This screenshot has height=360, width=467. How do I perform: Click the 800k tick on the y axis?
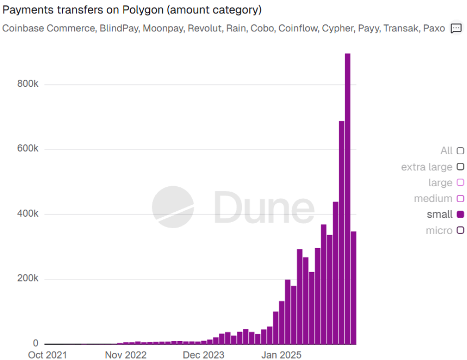pyautogui.click(x=28, y=84)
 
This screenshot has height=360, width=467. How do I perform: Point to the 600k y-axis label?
pyautogui.click(x=28, y=149)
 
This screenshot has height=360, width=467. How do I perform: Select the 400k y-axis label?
pyautogui.click(x=28, y=214)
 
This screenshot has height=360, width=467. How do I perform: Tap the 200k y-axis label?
pyautogui.click(x=28, y=279)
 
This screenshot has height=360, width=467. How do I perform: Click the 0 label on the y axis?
pyautogui.click(x=35, y=344)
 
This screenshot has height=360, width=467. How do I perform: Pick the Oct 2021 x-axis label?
pyautogui.click(x=47, y=355)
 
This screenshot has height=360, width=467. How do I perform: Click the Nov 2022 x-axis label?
pyautogui.click(x=126, y=355)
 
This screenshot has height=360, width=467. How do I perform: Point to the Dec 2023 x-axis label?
pyautogui.click(x=204, y=355)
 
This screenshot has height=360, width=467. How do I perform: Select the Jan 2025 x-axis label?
pyautogui.click(x=282, y=355)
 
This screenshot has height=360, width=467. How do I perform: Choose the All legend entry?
pyautogui.click(x=452, y=151)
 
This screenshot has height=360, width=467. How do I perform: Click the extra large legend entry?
pyautogui.click(x=432, y=167)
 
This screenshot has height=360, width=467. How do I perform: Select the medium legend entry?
pyautogui.click(x=439, y=199)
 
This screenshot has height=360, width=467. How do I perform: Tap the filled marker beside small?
pyautogui.click(x=461, y=215)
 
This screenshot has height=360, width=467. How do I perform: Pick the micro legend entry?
pyautogui.click(x=445, y=231)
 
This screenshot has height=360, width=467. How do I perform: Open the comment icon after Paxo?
pyautogui.click(x=456, y=28)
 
